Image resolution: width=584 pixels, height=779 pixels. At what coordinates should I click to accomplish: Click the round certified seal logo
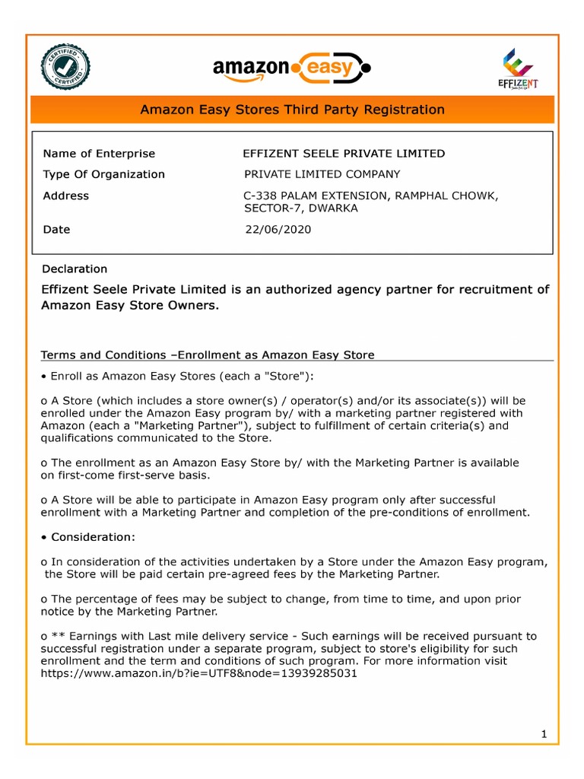click(66, 67)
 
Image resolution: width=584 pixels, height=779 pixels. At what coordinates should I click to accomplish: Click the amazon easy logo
click(292, 69)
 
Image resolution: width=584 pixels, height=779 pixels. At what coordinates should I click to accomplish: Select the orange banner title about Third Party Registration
click(292, 110)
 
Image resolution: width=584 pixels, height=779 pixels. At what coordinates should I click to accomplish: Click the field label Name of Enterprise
click(99, 154)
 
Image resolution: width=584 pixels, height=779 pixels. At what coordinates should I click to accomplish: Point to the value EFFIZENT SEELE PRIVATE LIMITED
click(344, 154)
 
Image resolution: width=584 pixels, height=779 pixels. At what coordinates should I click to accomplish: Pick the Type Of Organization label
click(103, 174)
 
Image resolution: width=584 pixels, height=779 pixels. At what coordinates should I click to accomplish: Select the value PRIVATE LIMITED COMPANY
click(322, 174)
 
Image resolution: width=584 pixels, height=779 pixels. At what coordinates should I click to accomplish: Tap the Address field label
click(66, 196)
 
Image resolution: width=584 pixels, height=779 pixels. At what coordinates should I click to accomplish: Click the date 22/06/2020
click(278, 229)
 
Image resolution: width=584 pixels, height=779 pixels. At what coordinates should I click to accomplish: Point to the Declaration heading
click(75, 269)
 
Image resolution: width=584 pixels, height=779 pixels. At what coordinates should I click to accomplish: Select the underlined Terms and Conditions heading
click(207, 355)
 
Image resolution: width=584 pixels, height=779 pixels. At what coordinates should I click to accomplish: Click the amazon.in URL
click(198, 673)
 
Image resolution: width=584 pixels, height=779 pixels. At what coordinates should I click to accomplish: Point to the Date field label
click(56, 229)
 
